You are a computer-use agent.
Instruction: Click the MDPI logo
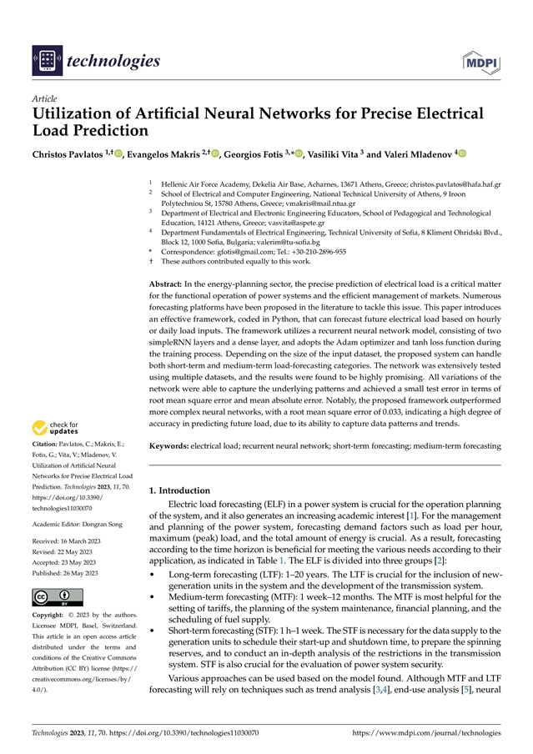coord(481,60)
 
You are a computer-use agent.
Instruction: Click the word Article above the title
coord(43,98)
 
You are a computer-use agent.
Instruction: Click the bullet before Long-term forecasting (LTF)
coord(152,575)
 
